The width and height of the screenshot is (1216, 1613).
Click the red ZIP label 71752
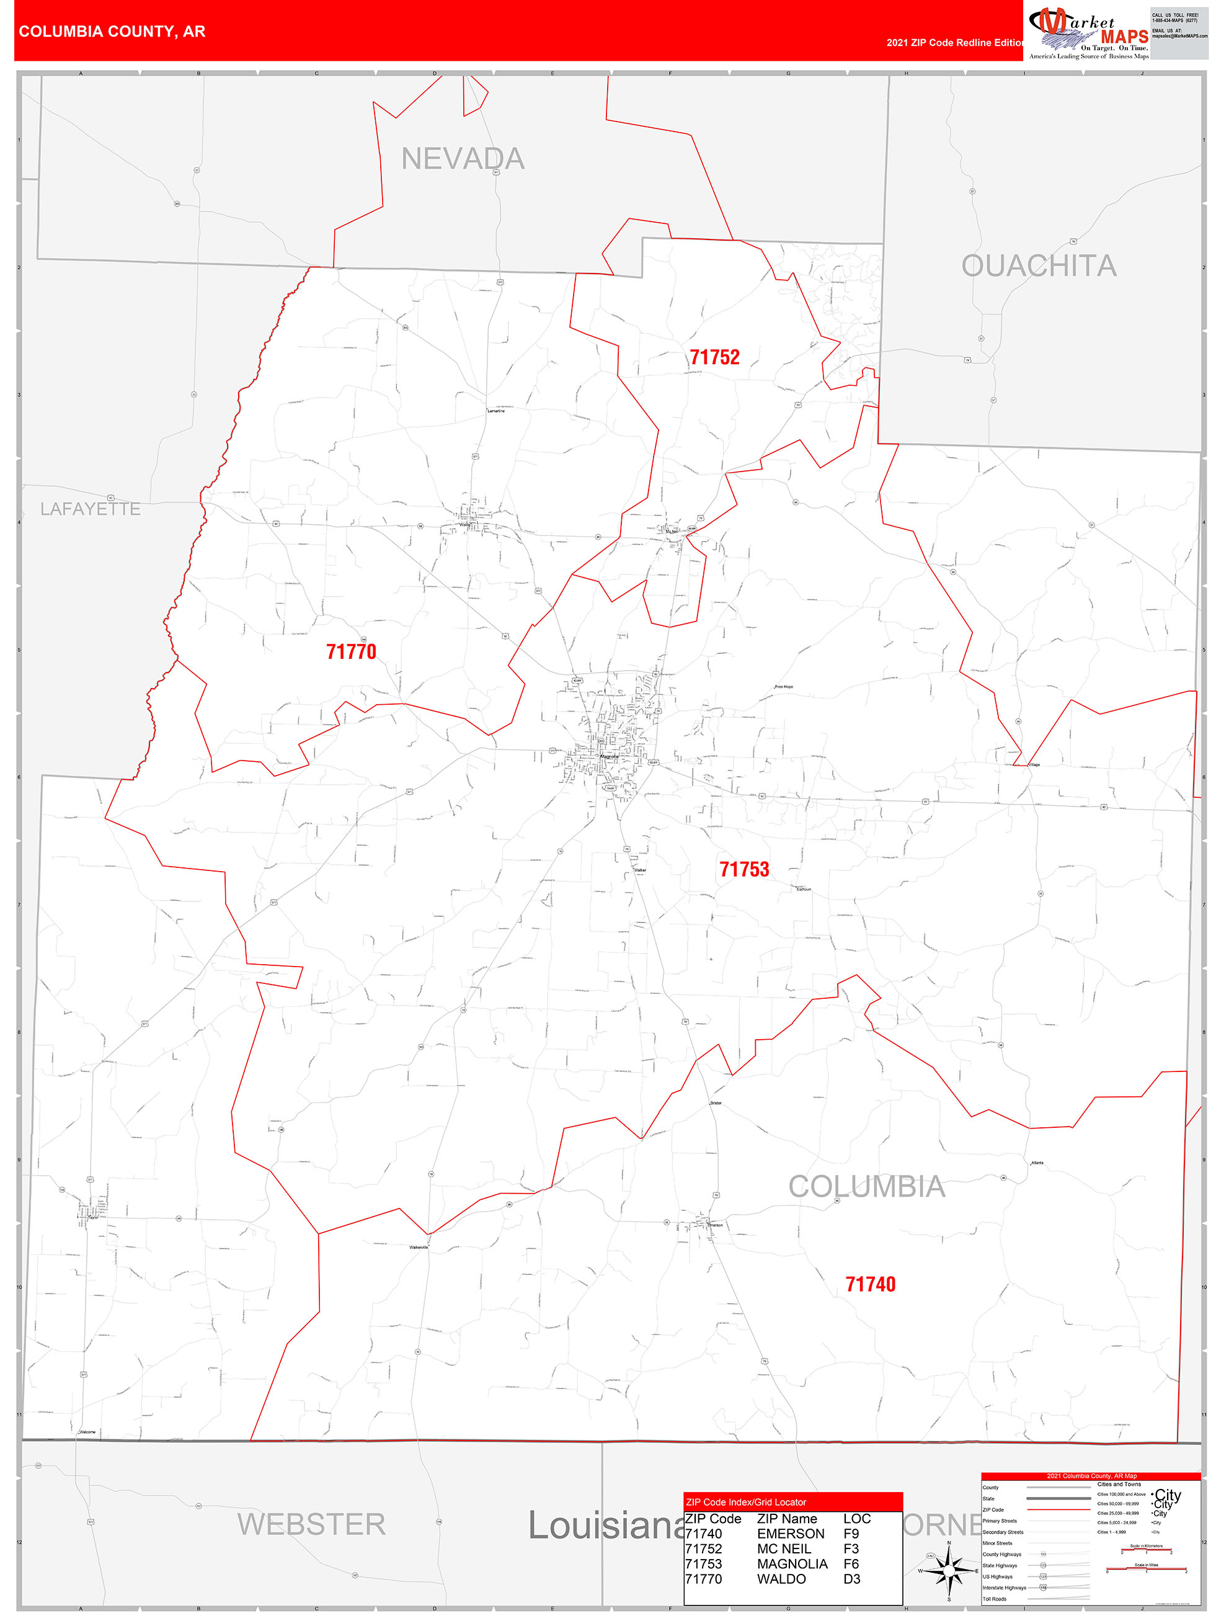[x=714, y=357]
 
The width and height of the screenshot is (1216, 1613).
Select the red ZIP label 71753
[x=743, y=869]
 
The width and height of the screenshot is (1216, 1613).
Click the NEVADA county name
[x=463, y=159]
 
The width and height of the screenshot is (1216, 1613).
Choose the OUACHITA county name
[x=1038, y=266]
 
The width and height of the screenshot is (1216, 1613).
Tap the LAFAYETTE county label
[x=91, y=509]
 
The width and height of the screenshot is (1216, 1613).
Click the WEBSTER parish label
[x=311, y=1524]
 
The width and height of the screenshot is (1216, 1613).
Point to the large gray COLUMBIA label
[x=867, y=1187]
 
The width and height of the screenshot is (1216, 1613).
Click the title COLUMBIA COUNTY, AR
[x=112, y=32]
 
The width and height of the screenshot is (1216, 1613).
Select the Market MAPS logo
[x=1088, y=34]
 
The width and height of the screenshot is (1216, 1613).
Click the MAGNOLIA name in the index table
[x=792, y=1563]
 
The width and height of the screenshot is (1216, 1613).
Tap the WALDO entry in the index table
[x=781, y=1579]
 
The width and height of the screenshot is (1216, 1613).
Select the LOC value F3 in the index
[x=851, y=1549]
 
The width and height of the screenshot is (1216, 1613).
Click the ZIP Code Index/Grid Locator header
[x=746, y=1502]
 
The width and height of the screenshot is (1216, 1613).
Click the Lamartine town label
[x=495, y=411]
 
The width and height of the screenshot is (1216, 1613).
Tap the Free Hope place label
[x=784, y=687]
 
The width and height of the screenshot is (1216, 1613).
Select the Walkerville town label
[x=419, y=1248]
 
